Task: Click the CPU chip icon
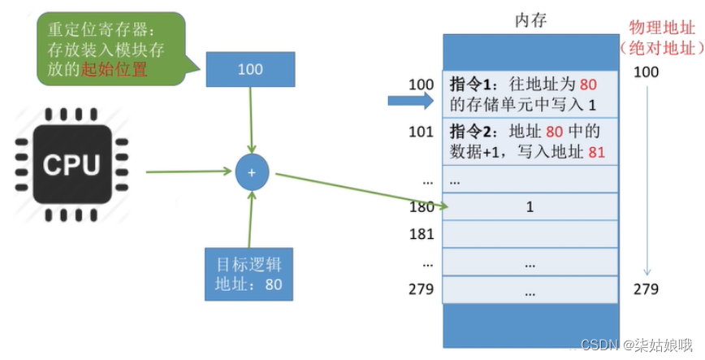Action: tap(71, 167)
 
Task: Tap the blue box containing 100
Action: tap(250, 69)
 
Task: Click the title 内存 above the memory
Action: tap(531, 20)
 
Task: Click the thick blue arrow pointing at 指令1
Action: tap(413, 101)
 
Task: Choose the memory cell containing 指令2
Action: tap(530, 140)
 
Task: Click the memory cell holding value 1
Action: tap(530, 206)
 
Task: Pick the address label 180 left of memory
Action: tap(422, 206)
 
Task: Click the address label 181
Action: tap(422, 235)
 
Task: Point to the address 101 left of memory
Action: tap(422, 131)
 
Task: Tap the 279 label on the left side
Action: tap(422, 289)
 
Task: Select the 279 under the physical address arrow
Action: tap(647, 289)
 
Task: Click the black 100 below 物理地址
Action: tap(647, 72)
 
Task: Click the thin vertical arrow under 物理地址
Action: tap(647, 179)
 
